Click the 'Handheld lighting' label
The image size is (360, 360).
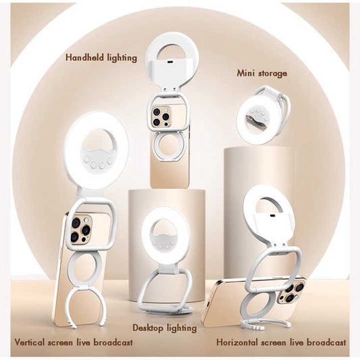101,57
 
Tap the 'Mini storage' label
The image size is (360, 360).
261,73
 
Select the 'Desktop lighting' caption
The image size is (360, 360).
164,328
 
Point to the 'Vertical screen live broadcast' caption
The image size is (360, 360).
74,342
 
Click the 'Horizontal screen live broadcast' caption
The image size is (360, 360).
281,342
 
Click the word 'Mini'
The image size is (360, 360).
246,73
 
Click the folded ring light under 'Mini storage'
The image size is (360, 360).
263,109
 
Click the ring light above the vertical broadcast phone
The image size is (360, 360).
96,149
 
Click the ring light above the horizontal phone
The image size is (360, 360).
267,206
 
